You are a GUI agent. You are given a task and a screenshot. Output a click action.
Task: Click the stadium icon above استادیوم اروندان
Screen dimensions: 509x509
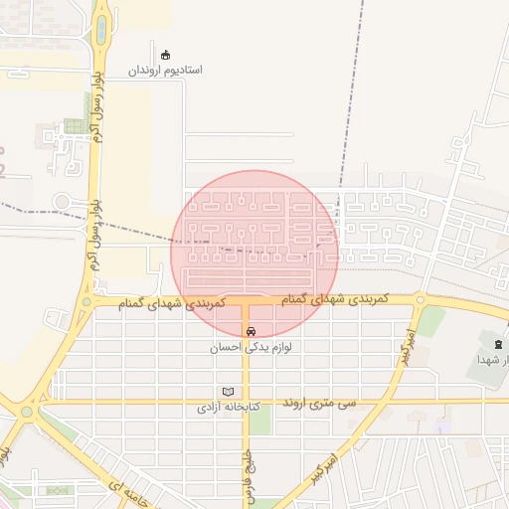pyautogui.click(x=165, y=55)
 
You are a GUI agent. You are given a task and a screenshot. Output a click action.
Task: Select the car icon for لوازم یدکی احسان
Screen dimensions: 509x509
pyautogui.click(x=250, y=331)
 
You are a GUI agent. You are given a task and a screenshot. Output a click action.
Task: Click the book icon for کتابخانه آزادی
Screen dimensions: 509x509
pyautogui.click(x=229, y=392)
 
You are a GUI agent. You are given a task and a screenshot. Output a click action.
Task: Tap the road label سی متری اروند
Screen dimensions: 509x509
pyautogui.click(x=319, y=403)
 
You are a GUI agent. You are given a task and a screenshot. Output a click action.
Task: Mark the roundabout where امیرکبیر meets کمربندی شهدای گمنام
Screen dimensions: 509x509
pyautogui.click(x=421, y=299)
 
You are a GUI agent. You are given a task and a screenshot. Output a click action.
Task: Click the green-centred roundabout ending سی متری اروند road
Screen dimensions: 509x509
pyautogui.click(x=27, y=410)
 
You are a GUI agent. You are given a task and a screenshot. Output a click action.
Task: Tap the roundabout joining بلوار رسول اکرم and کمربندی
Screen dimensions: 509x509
pyautogui.click(x=87, y=299)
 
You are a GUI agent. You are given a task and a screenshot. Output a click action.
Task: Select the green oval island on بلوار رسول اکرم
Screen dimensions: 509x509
pyautogui.click(x=100, y=30)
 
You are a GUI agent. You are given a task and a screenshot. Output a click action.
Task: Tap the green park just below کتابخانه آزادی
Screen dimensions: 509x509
pyautogui.click(x=258, y=420)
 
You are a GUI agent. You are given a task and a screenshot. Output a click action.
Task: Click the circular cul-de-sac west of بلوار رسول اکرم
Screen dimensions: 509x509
pyautogui.click(x=62, y=202)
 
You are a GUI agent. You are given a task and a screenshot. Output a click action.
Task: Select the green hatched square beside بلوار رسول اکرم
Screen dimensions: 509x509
pyautogui.click(x=74, y=126)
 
